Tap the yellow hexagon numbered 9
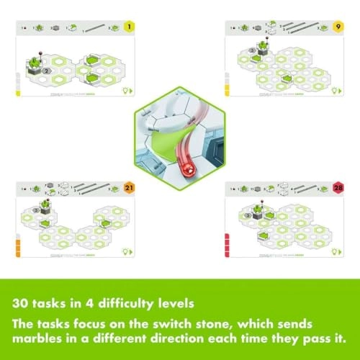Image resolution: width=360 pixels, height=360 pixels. pyautogui.click(x=341, y=28)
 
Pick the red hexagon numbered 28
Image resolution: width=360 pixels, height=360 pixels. pyautogui.click(x=341, y=189)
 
